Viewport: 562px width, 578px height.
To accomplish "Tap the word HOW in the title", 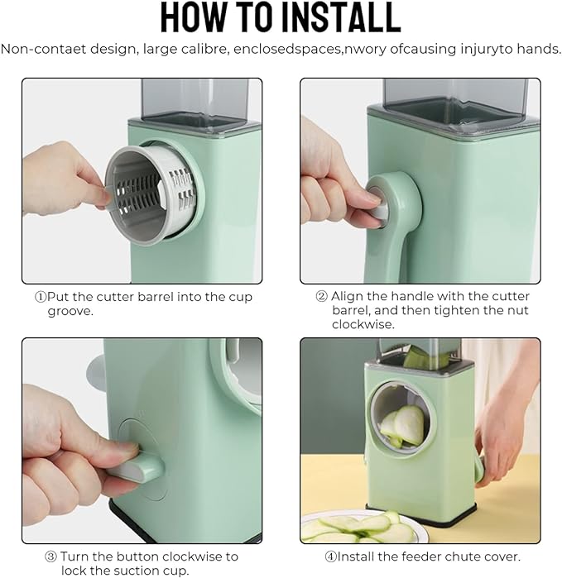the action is pyautogui.click(x=195, y=17).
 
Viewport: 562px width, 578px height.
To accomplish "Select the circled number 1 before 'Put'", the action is pyautogui.click(x=41, y=297).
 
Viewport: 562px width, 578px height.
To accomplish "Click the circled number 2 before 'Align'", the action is pyautogui.click(x=322, y=296).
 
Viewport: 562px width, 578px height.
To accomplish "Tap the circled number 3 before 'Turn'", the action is pyautogui.click(x=50, y=557).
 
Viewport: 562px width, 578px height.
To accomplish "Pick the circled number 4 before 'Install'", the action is pyautogui.click(x=330, y=557).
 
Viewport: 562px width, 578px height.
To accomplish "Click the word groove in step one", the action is pyautogui.click(x=70, y=312).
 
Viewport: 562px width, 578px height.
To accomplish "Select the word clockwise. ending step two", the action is pyautogui.click(x=363, y=324).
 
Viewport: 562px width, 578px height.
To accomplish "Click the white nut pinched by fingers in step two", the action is pyautogui.click(x=378, y=208).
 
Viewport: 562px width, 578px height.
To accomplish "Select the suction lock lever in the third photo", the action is pyautogui.click(x=137, y=467).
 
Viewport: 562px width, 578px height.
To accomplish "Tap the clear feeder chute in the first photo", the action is pyautogui.click(x=195, y=103).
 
